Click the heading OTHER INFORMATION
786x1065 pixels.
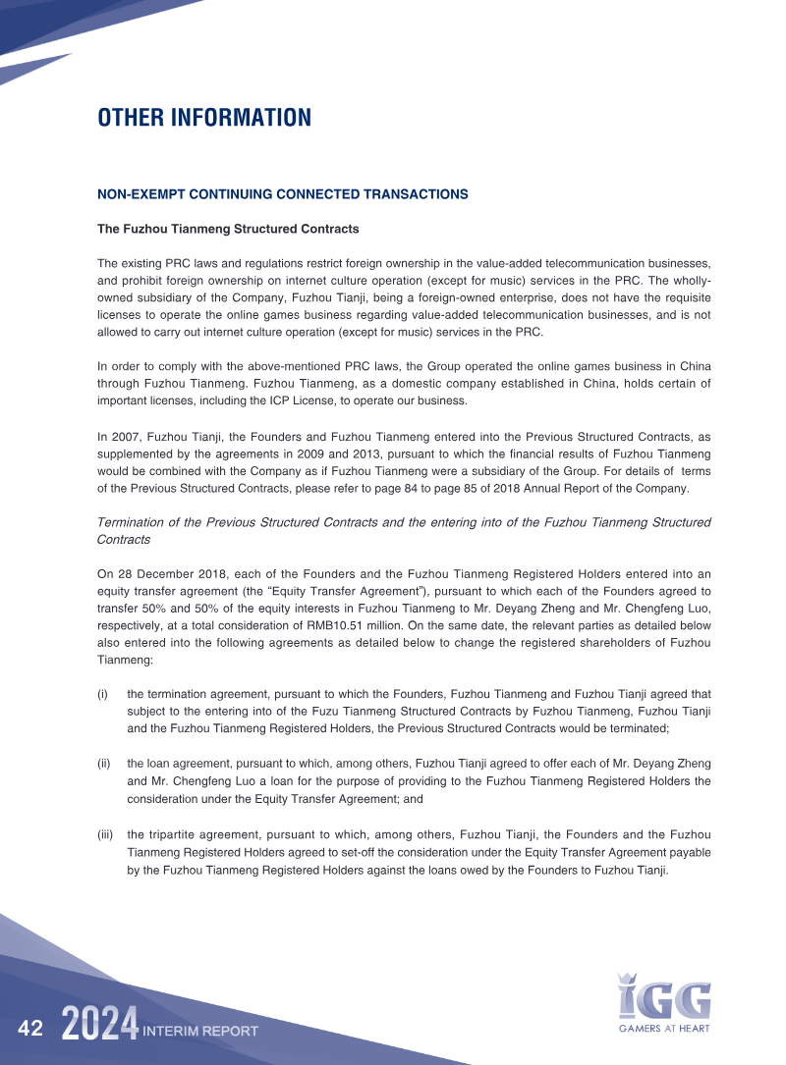203,118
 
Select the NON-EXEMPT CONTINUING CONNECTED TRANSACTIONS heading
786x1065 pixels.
282,194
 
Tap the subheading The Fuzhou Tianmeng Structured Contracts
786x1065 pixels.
228,229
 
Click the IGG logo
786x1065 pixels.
664,995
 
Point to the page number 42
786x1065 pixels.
30,1029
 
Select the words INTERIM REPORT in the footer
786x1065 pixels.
200,1031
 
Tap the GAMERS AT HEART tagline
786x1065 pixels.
664,1028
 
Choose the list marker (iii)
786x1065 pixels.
105,833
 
